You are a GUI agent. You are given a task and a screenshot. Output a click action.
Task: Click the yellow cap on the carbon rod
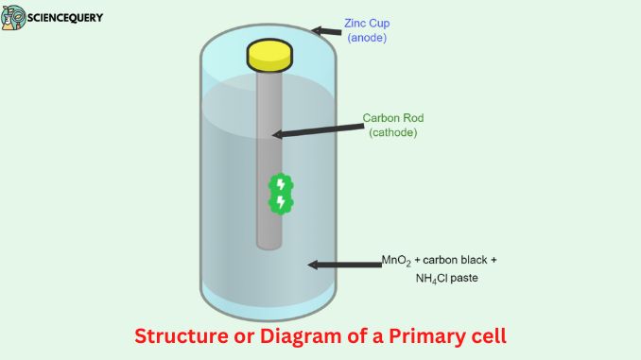[269, 55]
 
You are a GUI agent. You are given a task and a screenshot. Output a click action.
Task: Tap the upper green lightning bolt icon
[280, 183]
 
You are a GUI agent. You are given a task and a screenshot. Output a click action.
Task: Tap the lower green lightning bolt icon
[280, 202]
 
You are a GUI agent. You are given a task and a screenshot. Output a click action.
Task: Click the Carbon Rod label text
[392, 119]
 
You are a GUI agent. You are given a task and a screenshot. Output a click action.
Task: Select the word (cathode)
[392, 133]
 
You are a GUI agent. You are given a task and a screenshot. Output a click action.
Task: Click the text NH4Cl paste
[441, 278]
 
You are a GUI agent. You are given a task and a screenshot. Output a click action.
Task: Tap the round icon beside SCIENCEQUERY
[14, 18]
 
